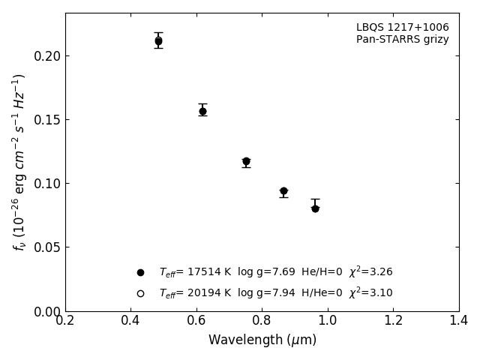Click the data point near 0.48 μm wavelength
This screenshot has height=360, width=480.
point(158,40)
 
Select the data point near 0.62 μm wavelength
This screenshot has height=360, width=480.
point(202,111)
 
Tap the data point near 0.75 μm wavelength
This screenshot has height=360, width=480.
point(246,161)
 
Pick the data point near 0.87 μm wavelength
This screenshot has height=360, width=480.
point(283,191)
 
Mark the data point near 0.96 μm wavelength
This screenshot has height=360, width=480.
point(315,208)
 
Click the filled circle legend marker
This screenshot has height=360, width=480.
point(140,272)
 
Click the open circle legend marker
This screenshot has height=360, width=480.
point(140,293)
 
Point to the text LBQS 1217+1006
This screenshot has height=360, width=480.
point(402,28)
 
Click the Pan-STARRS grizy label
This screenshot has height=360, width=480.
point(402,40)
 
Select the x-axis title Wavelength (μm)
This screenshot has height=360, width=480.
point(262,340)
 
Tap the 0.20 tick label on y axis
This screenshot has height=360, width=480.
point(47,56)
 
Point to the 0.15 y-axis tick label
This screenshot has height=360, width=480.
point(47,120)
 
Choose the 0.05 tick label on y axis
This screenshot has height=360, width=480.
point(47,247)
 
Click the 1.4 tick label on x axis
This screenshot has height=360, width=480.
point(458,320)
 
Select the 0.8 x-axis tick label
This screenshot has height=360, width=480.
point(262,320)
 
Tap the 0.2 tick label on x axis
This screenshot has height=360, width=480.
point(65,320)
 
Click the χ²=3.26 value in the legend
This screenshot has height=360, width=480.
point(370,272)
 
